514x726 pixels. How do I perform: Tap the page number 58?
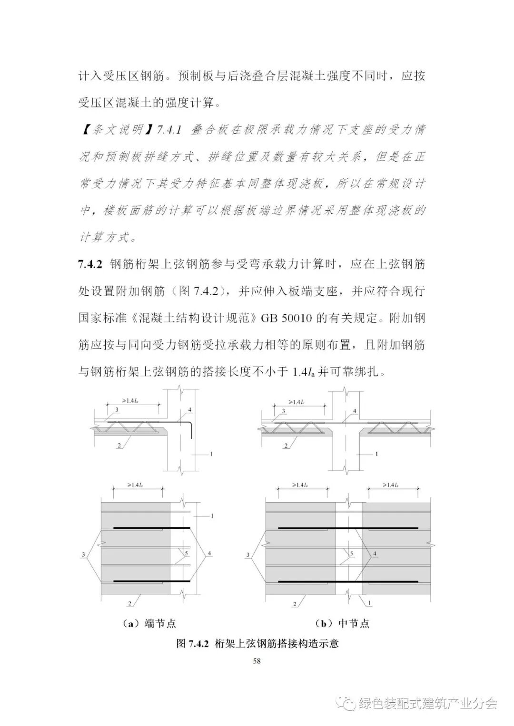click(257, 660)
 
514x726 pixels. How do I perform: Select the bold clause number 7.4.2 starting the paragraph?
click(90, 264)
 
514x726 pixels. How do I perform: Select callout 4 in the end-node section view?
click(189, 409)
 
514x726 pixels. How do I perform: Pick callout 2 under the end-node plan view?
click(129, 603)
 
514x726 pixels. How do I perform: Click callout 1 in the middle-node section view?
click(376, 454)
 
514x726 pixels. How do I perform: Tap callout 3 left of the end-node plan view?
click(84, 554)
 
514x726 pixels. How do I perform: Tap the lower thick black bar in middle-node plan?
click(347, 581)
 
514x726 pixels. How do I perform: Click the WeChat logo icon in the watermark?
click(346, 703)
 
